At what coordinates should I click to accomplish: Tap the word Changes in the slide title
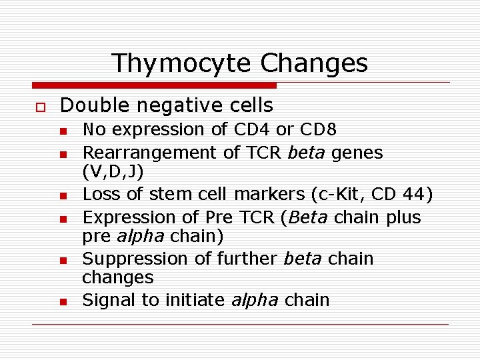coord(314,63)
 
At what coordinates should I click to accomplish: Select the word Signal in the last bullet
coord(109,300)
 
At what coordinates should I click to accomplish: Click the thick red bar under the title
coord(153,85)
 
